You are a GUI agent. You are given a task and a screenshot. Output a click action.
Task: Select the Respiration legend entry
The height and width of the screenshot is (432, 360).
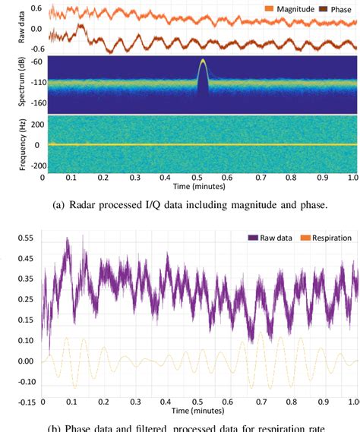coord(326,238)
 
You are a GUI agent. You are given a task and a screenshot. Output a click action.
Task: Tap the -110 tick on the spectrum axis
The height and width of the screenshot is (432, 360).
coord(31,82)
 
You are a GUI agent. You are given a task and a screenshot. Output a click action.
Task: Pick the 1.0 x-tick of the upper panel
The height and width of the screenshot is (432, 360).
coord(352,177)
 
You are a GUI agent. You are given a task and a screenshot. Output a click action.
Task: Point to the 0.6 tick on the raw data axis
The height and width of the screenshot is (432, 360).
coord(34,8)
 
